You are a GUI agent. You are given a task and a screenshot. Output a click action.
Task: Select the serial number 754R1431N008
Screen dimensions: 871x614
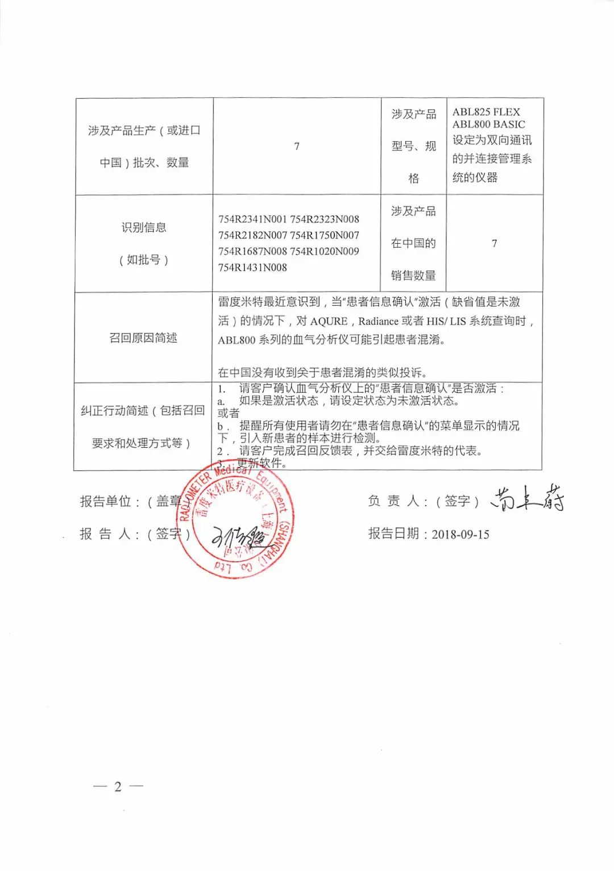point(253,268)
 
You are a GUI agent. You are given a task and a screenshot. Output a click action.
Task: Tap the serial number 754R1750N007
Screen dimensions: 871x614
point(325,235)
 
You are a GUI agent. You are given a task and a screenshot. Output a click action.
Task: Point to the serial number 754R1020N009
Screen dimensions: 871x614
point(325,251)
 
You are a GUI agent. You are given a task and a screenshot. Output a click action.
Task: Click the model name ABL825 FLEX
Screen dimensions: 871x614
point(486,112)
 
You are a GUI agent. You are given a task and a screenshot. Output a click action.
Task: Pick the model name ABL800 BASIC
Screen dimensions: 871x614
point(489,124)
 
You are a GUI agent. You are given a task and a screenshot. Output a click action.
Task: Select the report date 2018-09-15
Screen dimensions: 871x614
point(460,535)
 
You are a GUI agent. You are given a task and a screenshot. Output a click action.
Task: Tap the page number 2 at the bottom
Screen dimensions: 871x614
point(118,786)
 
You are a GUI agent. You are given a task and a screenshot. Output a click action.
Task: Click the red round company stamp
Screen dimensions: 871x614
point(236,520)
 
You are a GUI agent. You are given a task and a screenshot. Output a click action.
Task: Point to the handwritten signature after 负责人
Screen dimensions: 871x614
point(526,499)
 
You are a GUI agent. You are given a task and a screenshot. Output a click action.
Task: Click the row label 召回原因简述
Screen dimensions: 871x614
point(143,338)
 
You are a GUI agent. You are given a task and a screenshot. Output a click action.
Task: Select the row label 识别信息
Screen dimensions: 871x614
point(144,228)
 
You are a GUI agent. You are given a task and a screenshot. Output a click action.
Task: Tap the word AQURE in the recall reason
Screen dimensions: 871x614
point(329,322)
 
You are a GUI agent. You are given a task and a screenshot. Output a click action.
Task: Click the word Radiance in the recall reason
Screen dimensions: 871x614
point(378,322)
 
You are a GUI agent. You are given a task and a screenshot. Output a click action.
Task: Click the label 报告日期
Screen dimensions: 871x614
point(393,534)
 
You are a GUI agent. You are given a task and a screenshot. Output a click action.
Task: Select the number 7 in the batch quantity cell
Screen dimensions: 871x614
point(297,147)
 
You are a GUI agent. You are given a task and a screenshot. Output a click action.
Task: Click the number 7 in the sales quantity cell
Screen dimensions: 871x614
point(494,243)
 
